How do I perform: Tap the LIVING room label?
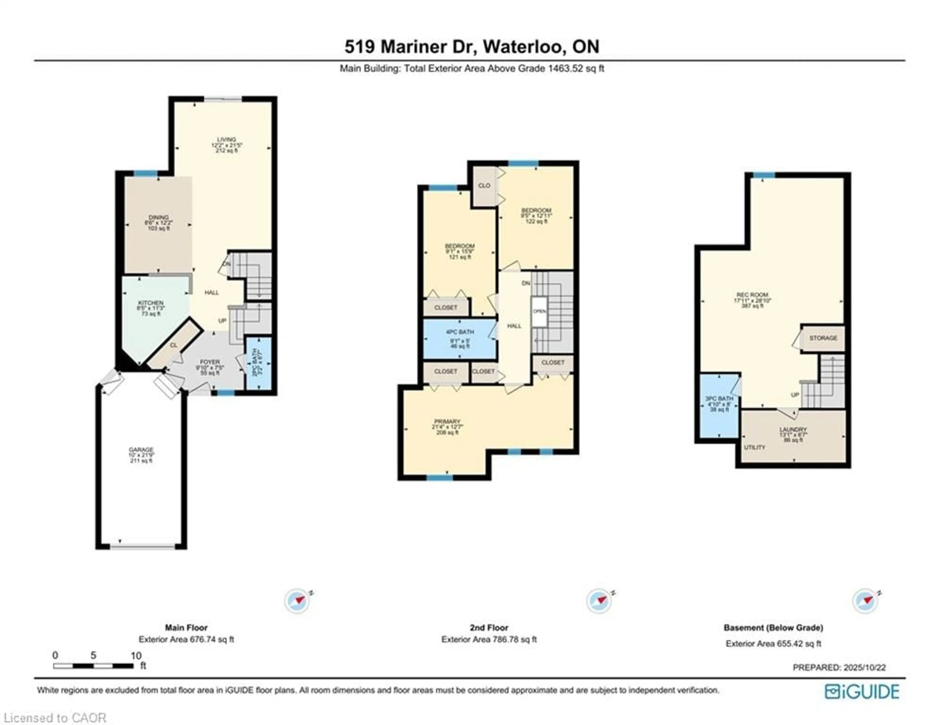tap(227, 140)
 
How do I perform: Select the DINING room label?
tap(158, 218)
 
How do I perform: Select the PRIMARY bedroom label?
tap(447, 421)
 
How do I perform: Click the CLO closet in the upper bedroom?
tap(484, 186)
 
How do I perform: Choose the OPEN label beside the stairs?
tap(539, 311)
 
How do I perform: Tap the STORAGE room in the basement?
tap(823, 338)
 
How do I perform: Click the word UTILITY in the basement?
tap(755, 448)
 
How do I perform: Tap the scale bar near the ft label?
tap(93, 666)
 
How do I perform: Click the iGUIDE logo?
tap(862, 691)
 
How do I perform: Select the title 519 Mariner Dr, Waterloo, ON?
tap(472, 46)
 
